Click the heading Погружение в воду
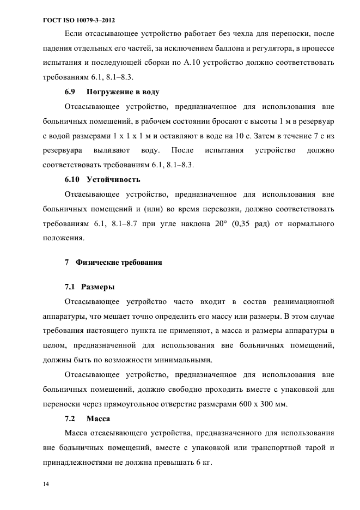click(123, 92)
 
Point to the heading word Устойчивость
click(113, 179)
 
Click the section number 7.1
click(71, 287)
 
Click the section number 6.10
click(72, 179)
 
